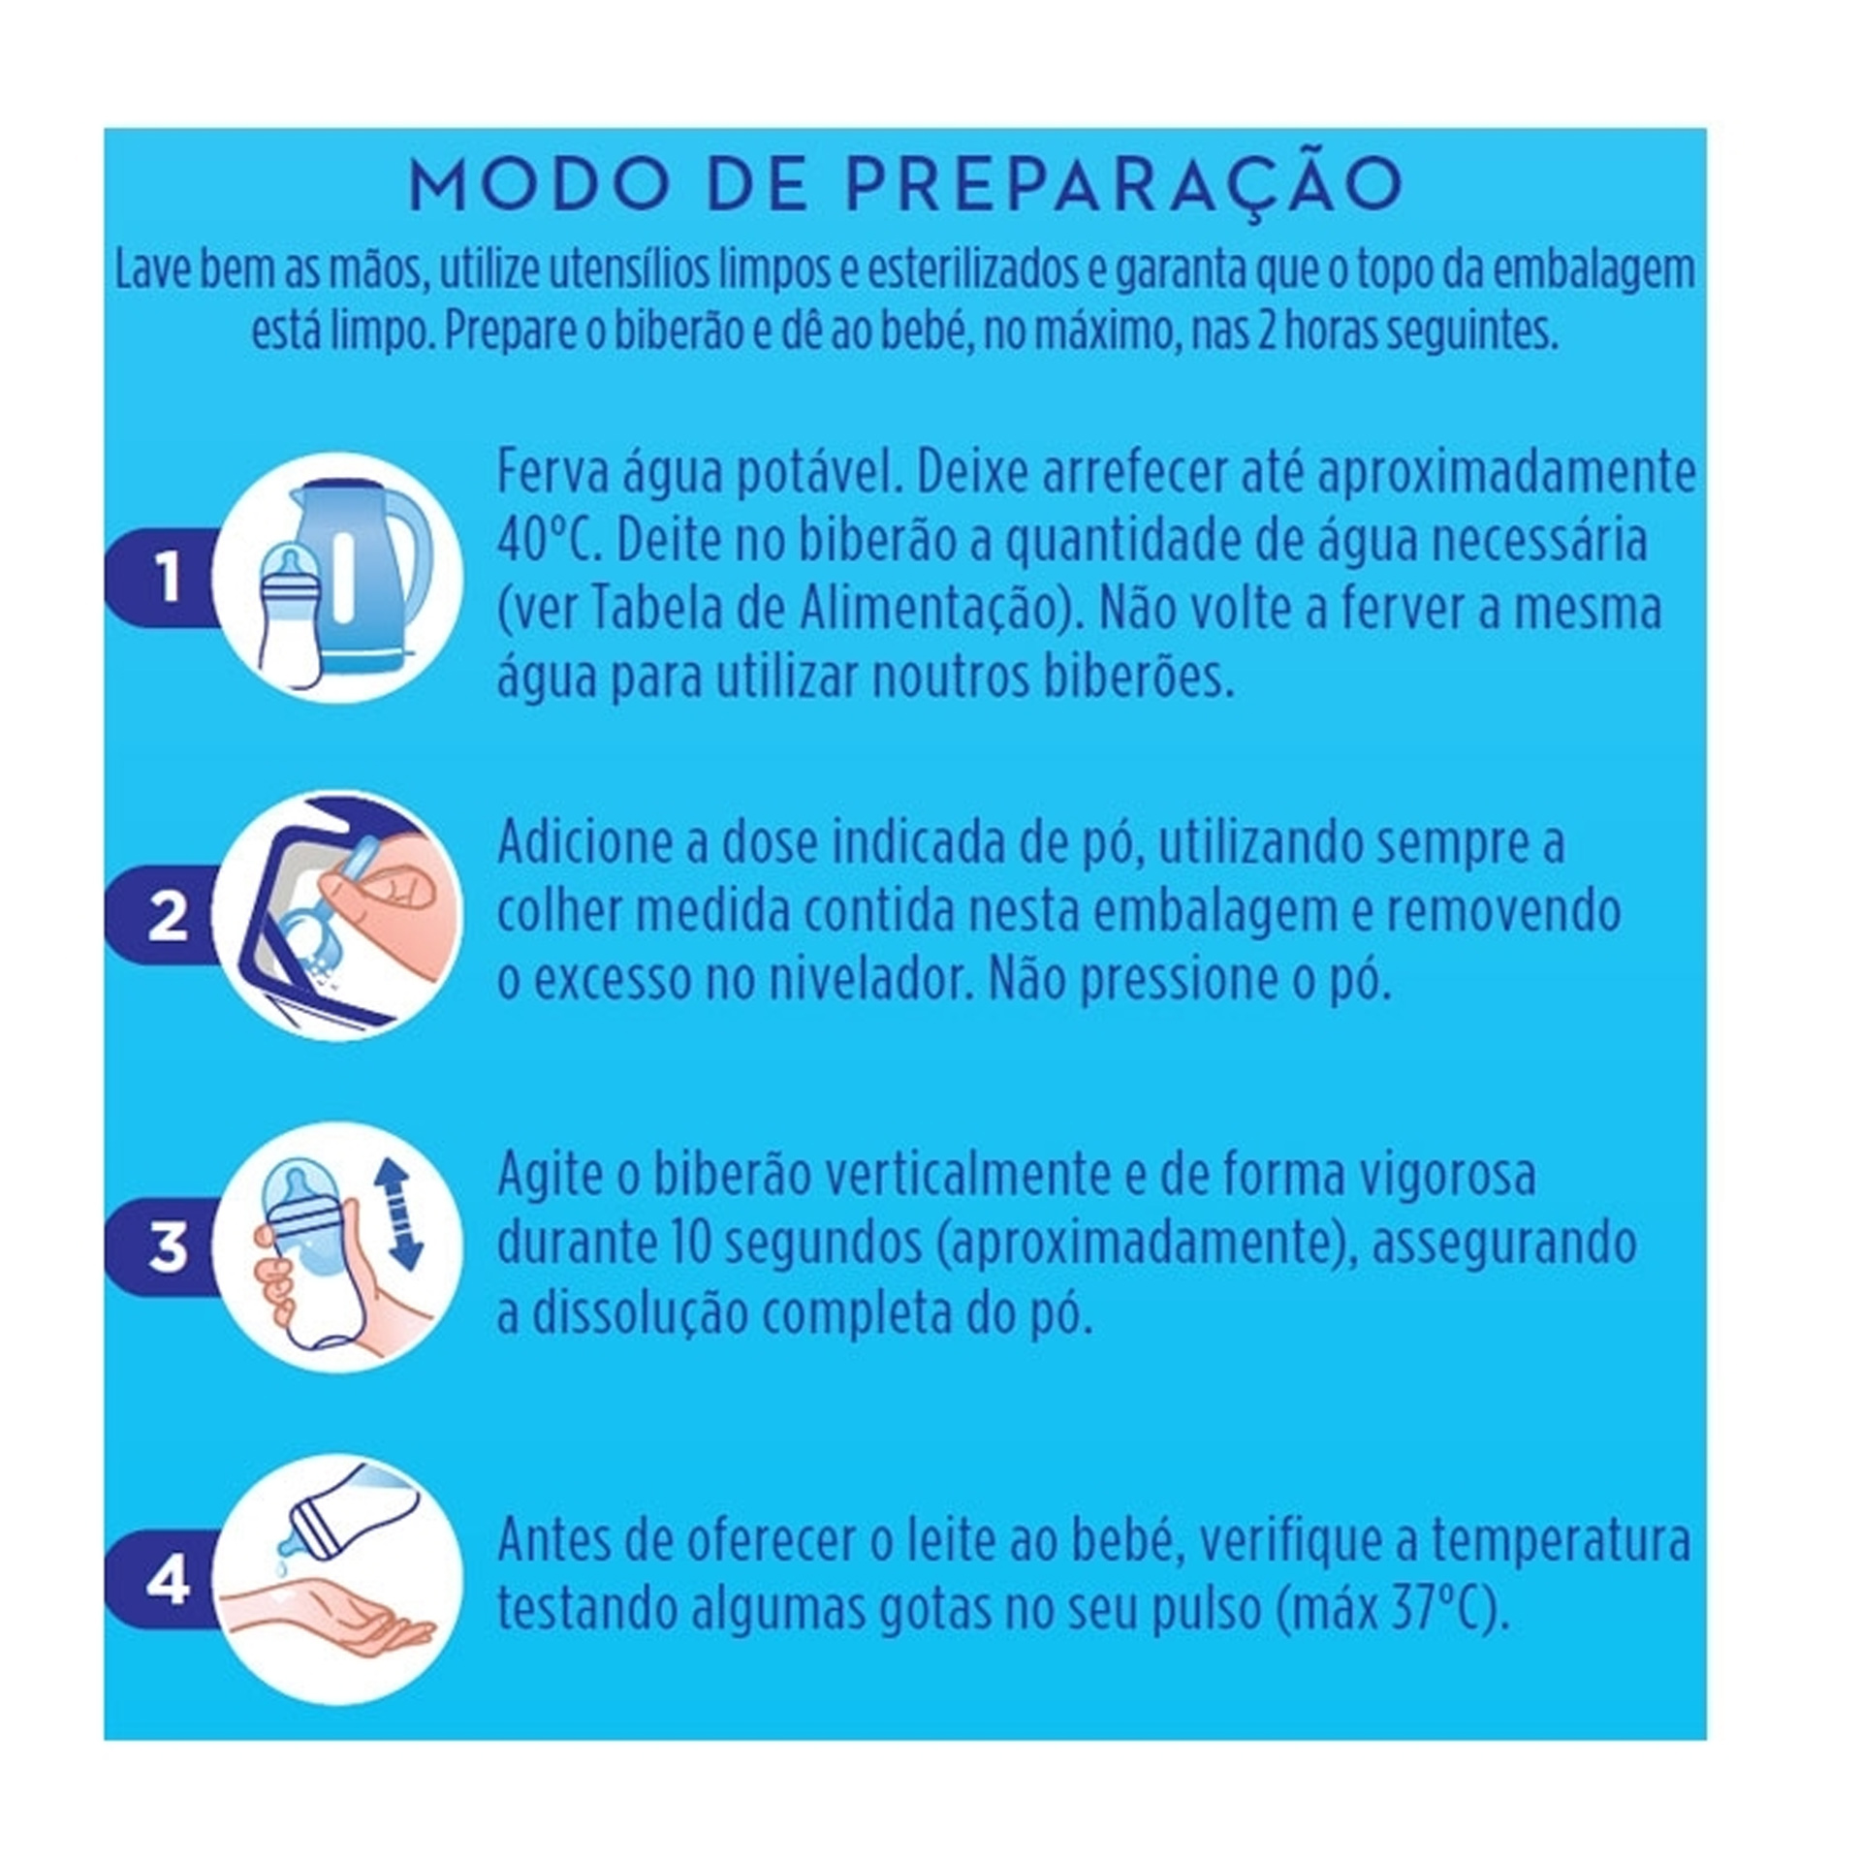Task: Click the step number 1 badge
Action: pyautogui.click(x=168, y=578)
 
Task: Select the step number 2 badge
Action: pyautogui.click(x=168, y=914)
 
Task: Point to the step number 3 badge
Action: pyautogui.click(x=168, y=1246)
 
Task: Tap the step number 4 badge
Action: pyautogui.click(x=168, y=1581)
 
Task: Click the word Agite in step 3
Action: pyautogui.click(x=549, y=1176)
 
